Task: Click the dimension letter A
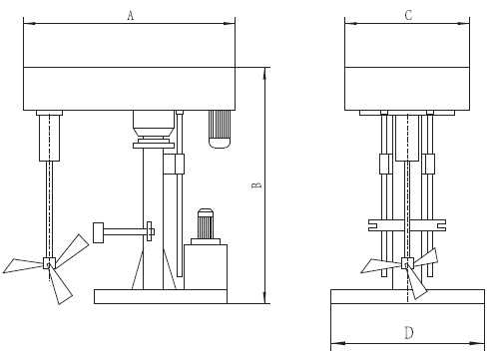(x=131, y=15)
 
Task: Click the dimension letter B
(x=255, y=185)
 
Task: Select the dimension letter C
(x=408, y=15)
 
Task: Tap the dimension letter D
(x=409, y=332)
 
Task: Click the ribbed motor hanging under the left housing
(x=220, y=129)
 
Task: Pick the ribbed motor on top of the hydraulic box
(x=206, y=223)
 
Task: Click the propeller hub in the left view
(x=49, y=263)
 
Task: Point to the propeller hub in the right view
(x=407, y=263)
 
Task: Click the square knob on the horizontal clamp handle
(x=98, y=232)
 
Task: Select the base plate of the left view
(x=161, y=296)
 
